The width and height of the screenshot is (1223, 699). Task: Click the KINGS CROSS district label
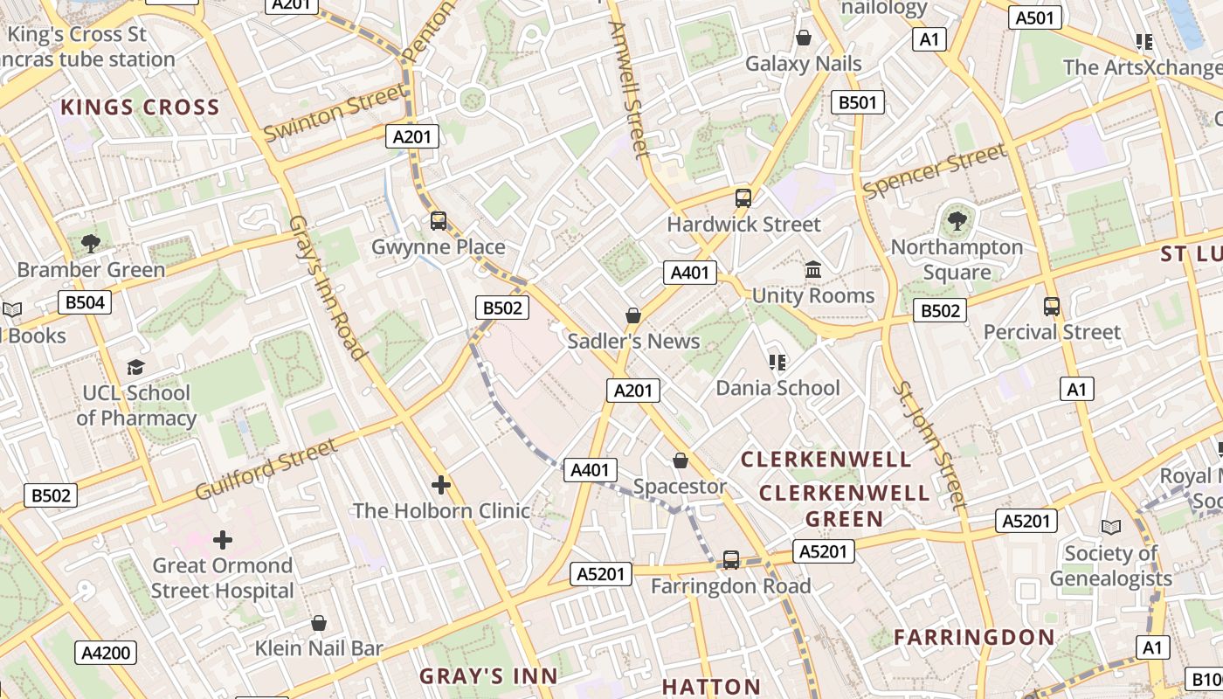[x=140, y=107]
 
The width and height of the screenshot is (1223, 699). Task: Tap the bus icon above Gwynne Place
[x=439, y=221]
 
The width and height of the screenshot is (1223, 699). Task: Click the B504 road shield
[x=85, y=303]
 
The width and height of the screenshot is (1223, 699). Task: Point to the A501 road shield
[x=1035, y=17]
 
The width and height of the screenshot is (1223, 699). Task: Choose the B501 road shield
[x=857, y=102]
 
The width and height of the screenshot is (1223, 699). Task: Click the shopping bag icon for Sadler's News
[x=633, y=315]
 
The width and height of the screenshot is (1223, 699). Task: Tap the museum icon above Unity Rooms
[x=813, y=269]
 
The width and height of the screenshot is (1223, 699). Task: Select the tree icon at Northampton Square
[x=957, y=220]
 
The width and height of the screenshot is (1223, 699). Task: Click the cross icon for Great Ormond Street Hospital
[x=223, y=540]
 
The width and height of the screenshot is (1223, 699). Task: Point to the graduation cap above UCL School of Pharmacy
[x=135, y=367]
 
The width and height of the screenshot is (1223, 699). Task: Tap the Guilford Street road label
[x=266, y=469]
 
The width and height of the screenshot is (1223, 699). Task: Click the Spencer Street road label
[x=934, y=171]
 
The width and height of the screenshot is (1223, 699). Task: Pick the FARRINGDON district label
[x=974, y=637]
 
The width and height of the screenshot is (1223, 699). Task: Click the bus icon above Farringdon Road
[x=731, y=559]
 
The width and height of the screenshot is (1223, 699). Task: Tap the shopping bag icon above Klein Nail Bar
[x=319, y=623]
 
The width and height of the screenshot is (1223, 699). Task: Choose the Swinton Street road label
[x=335, y=114]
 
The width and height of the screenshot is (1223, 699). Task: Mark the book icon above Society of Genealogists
[x=1110, y=527]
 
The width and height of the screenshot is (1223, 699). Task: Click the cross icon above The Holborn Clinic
[x=441, y=484]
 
